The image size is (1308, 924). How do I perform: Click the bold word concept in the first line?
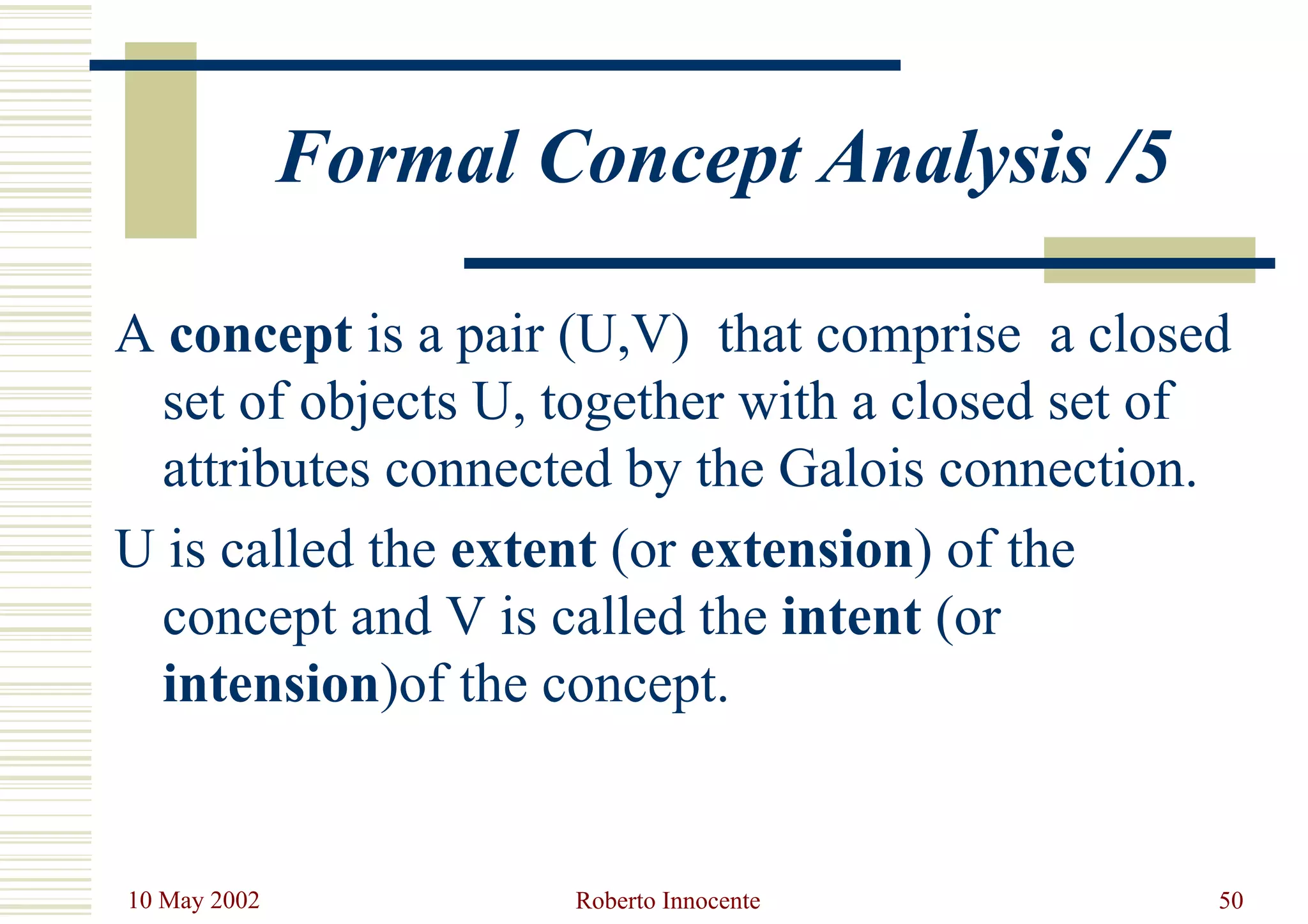tap(261, 335)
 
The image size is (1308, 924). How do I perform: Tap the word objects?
tap(378, 403)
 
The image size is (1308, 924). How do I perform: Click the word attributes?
tap(266, 470)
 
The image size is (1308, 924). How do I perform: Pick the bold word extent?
tap(523, 550)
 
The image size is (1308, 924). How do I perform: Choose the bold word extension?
tap(802, 550)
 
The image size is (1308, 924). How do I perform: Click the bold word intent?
tap(851, 617)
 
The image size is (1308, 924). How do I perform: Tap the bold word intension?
tap(272, 685)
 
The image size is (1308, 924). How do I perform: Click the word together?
tap(632, 403)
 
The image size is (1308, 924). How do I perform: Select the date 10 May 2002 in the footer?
tap(194, 900)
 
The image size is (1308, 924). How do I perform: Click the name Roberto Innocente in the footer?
tap(667, 900)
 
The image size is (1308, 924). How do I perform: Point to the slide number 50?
tap(1231, 900)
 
